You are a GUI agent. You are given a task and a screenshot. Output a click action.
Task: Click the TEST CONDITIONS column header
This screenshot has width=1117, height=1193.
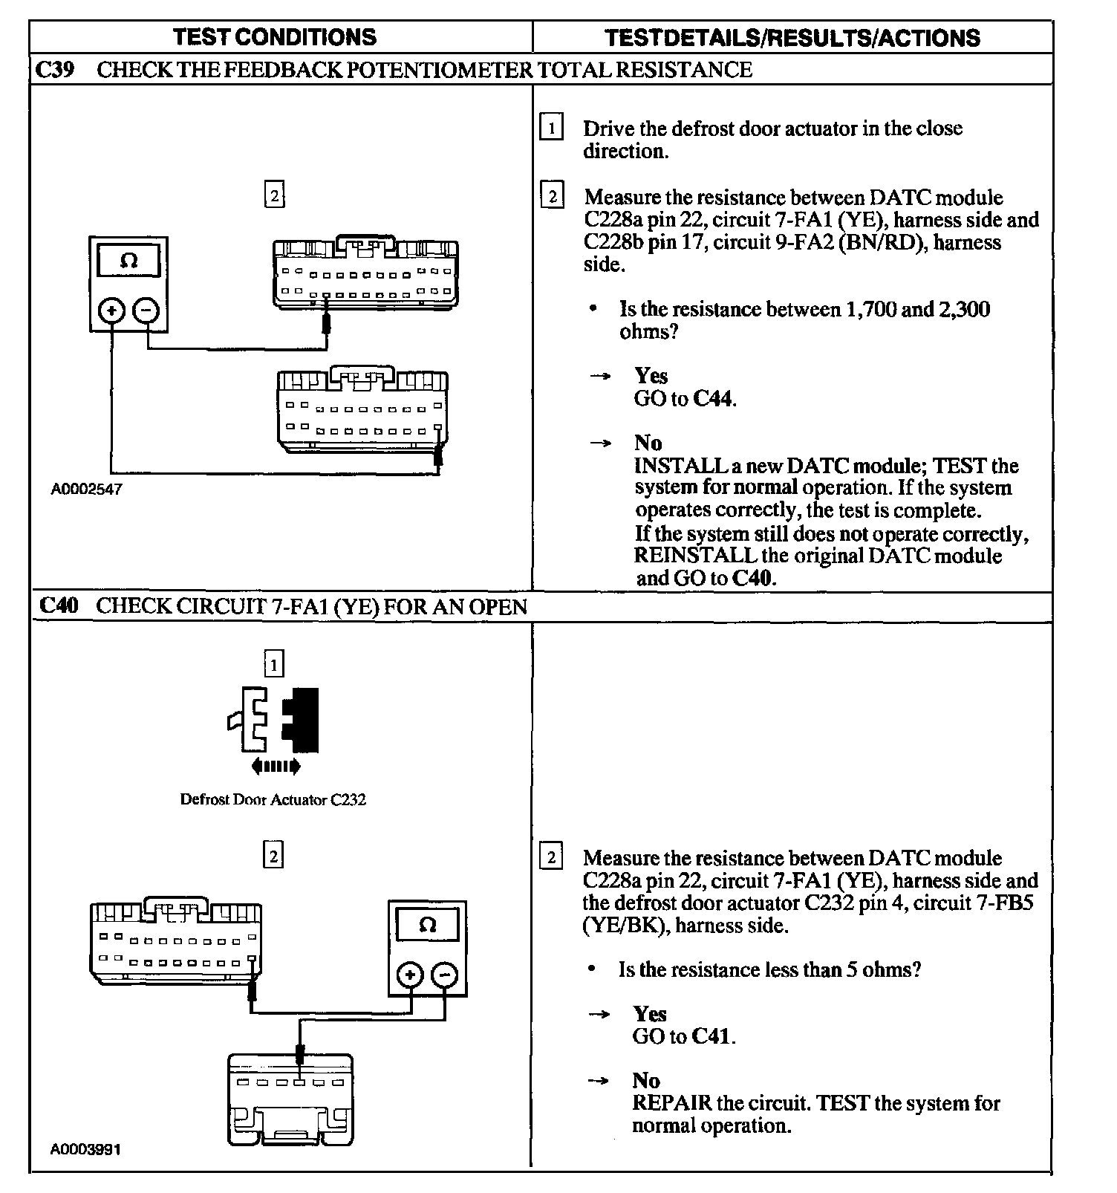pos(275,37)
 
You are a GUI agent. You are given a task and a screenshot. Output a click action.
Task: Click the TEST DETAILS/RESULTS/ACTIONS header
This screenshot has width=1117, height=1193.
pos(792,38)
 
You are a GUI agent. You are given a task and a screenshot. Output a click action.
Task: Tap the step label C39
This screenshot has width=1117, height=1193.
pos(55,70)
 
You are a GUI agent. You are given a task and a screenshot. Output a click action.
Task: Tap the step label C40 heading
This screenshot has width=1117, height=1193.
pos(58,606)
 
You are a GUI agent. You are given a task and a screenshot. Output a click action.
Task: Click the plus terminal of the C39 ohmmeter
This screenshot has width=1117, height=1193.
pos(112,310)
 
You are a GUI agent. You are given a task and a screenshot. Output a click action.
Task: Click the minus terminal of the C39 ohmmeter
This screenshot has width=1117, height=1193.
pos(147,310)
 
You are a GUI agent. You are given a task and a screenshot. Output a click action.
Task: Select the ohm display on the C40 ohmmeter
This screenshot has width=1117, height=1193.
pos(428,926)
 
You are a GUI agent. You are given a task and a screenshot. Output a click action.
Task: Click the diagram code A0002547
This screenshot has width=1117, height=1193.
pos(86,490)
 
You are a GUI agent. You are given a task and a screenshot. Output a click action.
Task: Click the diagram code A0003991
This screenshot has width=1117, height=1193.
pos(86,1149)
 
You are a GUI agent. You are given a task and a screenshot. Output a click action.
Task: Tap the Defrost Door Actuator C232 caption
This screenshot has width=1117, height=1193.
pos(273,800)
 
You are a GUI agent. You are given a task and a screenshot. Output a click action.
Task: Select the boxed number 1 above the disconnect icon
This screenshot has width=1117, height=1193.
pos(274,663)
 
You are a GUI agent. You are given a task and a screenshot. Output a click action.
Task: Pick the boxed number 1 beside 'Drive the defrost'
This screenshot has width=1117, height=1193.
pos(551,128)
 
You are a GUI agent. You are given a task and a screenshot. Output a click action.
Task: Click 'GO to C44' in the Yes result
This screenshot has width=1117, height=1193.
pos(685,399)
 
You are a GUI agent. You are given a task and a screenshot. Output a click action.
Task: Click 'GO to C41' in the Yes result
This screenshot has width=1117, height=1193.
pos(684,1036)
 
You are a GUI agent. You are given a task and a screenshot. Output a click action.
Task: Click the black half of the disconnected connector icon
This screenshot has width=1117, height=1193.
pos(304,719)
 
